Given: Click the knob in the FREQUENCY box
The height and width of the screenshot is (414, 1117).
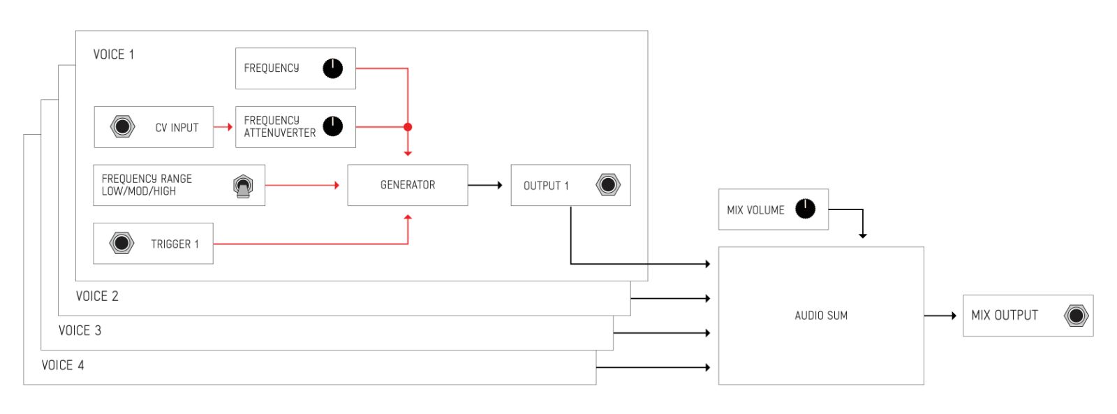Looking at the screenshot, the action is click(332, 68).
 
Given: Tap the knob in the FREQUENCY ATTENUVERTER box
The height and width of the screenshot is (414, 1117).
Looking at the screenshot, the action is click(332, 126).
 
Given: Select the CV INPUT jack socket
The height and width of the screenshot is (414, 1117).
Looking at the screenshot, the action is click(122, 126).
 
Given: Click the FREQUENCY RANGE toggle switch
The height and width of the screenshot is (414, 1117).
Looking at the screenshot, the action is click(243, 186).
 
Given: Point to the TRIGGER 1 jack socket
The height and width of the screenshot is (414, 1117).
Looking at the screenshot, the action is click(121, 244).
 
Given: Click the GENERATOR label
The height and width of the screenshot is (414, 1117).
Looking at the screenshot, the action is click(408, 185).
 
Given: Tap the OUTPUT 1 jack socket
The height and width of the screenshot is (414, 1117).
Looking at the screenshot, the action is click(608, 185).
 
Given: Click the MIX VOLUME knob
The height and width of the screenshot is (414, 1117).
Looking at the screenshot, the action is click(805, 209).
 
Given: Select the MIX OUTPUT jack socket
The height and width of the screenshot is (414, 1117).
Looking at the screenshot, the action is click(1076, 316).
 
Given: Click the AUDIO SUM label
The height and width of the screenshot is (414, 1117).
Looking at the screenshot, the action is click(821, 316).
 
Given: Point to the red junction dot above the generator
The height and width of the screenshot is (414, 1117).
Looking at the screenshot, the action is click(408, 127).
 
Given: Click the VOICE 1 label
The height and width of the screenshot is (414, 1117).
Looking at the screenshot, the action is click(114, 54).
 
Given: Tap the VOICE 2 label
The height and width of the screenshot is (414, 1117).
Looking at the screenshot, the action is click(97, 296).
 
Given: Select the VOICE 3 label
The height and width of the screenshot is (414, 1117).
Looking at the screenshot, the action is click(80, 331).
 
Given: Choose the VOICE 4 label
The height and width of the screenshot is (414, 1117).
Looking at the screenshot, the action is click(63, 365).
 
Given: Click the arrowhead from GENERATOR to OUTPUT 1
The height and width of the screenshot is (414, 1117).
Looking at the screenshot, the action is click(499, 185).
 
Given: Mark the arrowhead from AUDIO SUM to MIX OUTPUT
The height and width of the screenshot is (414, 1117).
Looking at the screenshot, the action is click(954, 316).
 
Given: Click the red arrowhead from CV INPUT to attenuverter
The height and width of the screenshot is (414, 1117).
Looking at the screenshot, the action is click(230, 127).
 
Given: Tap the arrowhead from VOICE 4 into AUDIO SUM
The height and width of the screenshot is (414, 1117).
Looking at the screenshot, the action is click(708, 368).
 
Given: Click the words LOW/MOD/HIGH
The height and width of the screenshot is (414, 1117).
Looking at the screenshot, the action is click(139, 191).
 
